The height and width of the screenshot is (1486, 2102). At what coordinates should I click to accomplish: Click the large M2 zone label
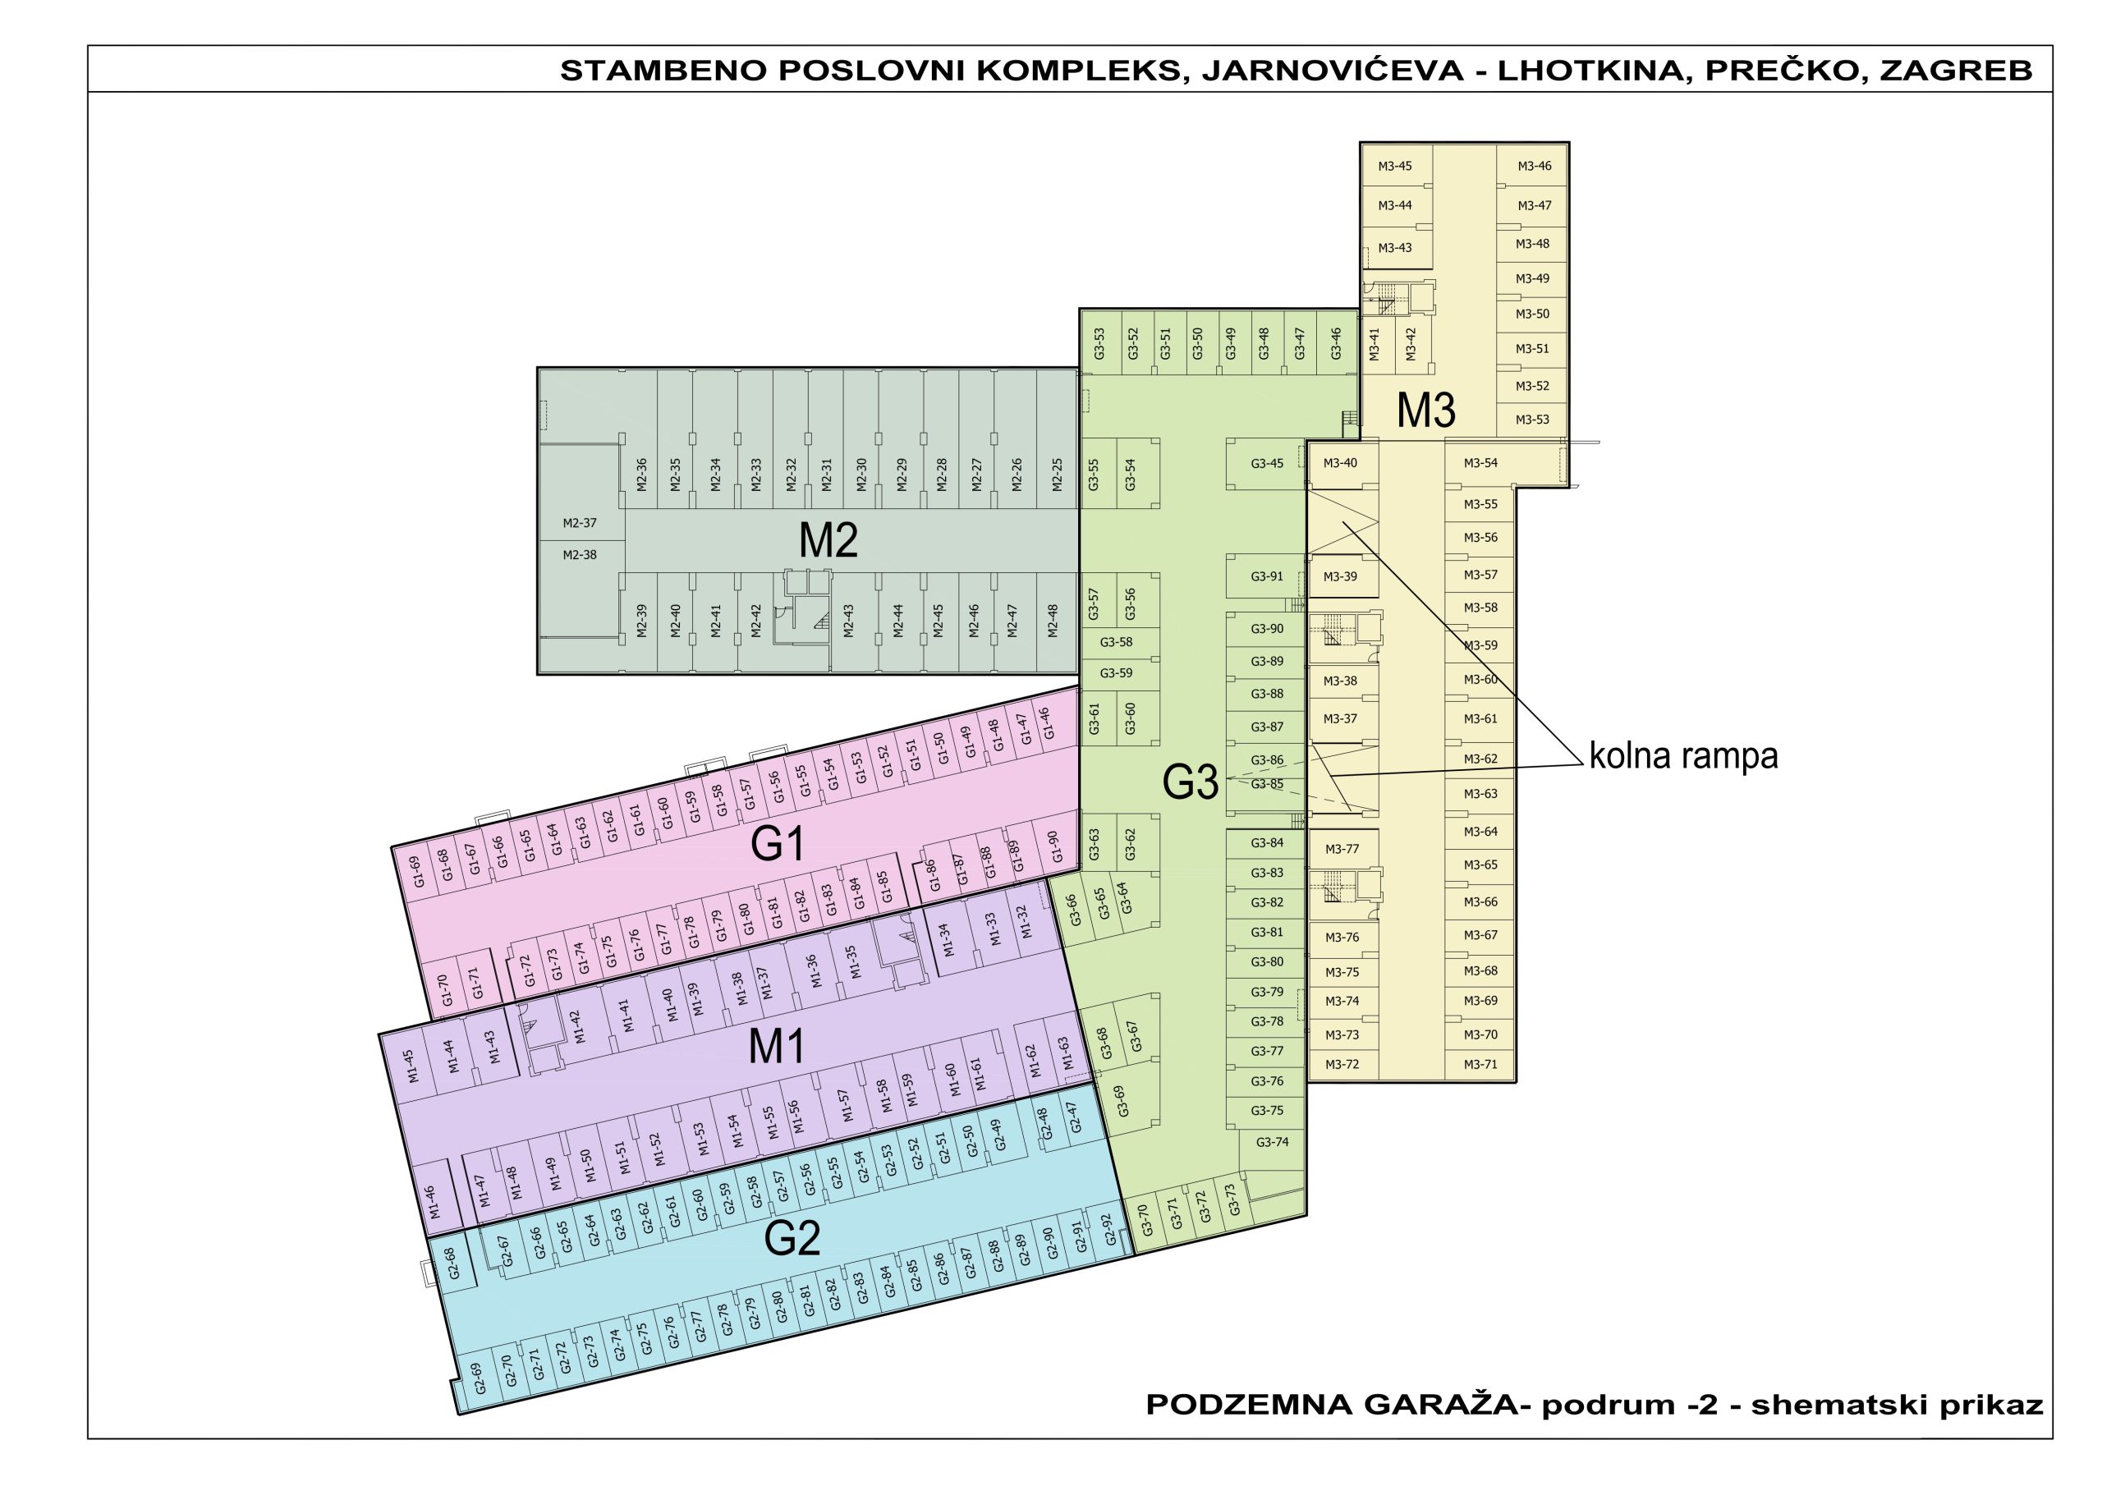828,540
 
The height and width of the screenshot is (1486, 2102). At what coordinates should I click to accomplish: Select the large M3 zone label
1425,411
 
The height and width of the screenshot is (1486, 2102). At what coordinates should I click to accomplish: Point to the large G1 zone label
778,844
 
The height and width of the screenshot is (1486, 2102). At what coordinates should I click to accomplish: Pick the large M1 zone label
777,1047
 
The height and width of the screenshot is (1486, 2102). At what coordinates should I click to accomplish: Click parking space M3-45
1394,167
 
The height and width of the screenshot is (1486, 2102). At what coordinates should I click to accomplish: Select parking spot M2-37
580,524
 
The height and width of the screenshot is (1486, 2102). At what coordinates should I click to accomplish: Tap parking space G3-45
1267,463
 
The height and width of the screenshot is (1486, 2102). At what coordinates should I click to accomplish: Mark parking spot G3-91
1267,577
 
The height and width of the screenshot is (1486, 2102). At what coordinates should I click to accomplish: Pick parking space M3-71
1480,1064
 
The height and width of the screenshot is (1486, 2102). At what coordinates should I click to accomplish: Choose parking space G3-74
1272,1142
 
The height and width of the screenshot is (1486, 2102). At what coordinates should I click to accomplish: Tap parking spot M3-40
1340,463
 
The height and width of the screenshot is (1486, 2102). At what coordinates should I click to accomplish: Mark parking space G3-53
1099,343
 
